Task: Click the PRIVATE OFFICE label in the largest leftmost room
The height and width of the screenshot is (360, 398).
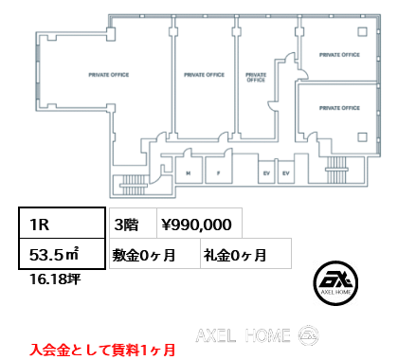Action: tap(108, 74)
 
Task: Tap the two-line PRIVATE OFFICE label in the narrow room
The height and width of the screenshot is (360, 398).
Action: tap(255, 78)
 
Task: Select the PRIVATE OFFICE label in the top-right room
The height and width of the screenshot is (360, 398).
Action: tap(340, 55)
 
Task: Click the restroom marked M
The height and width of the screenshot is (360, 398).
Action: tap(189, 173)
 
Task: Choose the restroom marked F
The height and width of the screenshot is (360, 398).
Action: tap(218, 173)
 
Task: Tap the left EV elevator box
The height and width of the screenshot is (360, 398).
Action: tap(264, 173)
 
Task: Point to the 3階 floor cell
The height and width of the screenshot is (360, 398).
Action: tap(128, 225)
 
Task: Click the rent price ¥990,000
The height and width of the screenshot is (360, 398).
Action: tap(198, 225)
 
